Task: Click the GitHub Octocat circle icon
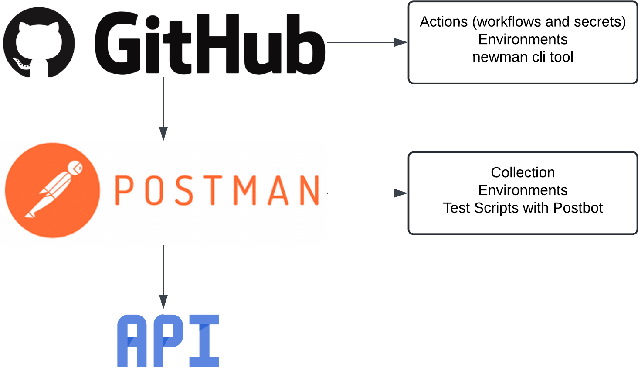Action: click(39, 43)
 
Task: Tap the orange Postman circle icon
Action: click(53, 190)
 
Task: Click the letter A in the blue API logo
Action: click(132, 341)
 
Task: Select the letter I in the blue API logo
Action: click(204, 341)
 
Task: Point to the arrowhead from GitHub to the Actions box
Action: click(401, 42)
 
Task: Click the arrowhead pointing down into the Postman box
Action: click(163, 134)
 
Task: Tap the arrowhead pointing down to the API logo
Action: click(163, 302)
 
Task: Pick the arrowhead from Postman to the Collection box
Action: click(401, 193)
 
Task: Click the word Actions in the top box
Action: click(444, 21)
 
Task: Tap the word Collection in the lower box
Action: click(523, 172)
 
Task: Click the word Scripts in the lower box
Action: click(496, 208)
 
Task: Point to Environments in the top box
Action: click(523, 39)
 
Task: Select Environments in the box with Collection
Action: click(523, 190)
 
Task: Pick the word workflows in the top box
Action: click(509, 21)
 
